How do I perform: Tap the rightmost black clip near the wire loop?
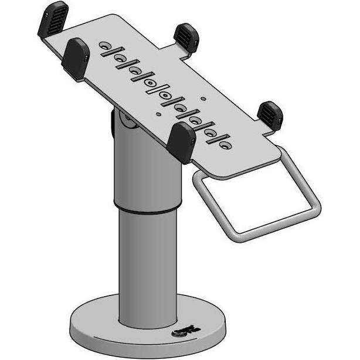tap(271, 116)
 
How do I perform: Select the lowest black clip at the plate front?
tap(182, 142)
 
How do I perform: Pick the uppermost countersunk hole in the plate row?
tap(104, 45)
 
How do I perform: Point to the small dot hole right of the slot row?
tap(203, 98)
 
